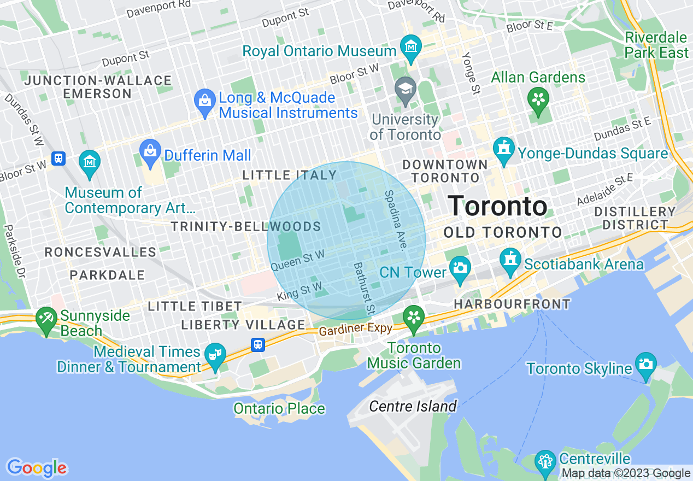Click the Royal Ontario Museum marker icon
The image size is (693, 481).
tap(410, 48)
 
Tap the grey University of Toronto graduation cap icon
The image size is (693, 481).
tap(406, 90)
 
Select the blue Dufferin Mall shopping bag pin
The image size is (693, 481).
tap(149, 151)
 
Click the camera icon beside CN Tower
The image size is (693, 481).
tap(460, 268)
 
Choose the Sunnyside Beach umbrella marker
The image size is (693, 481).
tap(46, 319)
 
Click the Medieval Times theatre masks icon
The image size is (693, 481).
tap(214, 355)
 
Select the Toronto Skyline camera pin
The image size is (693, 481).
tap(645, 365)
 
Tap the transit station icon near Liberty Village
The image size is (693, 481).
tap(258, 344)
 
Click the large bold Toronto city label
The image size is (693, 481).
tap(497, 206)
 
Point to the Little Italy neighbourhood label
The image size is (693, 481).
tap(290, 175)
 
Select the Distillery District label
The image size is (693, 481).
tap(635, 218)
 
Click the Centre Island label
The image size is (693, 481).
tap(413, 406)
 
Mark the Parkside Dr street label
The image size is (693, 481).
tap(15, 250)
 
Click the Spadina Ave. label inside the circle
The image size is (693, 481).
tap(396, 220)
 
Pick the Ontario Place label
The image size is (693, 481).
tap(279, 408)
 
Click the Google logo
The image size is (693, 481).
tap(37, 468)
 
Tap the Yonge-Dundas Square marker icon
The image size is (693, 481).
tap(503, 150)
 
